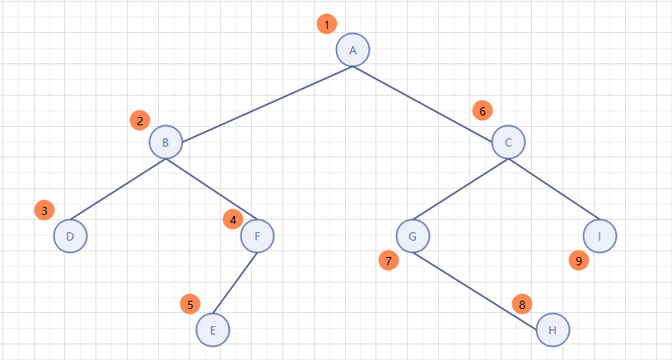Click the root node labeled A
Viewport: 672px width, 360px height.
[352, 50]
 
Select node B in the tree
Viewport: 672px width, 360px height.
[166, 143]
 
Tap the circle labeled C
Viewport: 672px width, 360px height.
[508, 143]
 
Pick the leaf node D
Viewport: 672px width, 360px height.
[70, 236]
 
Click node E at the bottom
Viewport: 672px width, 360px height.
[212, 330]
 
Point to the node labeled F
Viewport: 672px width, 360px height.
[257, 236]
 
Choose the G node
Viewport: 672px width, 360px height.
[412, 236]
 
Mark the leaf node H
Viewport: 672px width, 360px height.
[553, 330]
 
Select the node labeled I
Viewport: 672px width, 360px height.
[600, 236]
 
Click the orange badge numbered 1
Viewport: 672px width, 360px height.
[327, 25]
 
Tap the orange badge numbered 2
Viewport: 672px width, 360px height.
[140, 120]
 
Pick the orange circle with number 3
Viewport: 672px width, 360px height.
[44, 210]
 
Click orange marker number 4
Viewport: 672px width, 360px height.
[233, 220]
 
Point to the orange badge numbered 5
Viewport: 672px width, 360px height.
[190, 304]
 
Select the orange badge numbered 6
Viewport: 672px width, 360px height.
[483, 110]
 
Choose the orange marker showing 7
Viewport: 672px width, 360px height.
[388, 261]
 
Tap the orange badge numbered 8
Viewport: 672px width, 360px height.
[521, 304]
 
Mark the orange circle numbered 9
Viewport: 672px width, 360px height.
[579, 261]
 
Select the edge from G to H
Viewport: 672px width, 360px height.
[482, 283]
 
